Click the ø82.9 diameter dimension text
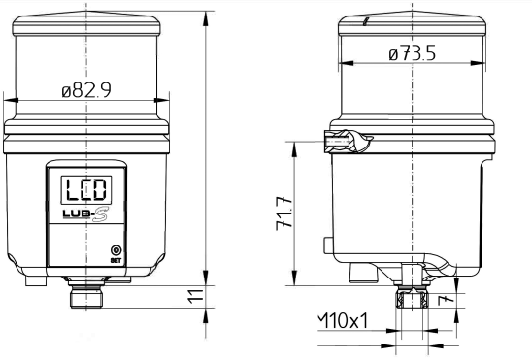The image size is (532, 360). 86,90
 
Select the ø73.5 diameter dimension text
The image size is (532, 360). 412,54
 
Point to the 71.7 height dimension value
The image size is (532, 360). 284,213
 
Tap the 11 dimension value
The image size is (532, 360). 196,296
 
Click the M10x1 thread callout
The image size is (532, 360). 343,320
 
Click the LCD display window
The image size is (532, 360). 86,190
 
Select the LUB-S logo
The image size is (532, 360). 85,214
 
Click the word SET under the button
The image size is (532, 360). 116,261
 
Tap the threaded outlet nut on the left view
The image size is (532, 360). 86,296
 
